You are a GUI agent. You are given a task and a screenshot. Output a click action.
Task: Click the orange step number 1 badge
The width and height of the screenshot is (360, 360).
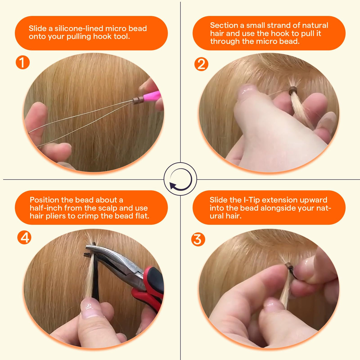(22, 62)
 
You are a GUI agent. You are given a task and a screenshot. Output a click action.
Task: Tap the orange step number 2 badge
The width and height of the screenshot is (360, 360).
(201, 64)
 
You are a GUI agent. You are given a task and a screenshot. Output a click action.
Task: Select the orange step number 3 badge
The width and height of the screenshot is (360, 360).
(198, 239)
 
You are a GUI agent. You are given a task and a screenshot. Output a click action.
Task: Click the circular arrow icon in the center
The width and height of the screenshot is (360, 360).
(181, 179)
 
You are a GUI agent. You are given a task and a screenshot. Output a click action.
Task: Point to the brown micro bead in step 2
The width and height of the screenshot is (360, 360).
(293, 91)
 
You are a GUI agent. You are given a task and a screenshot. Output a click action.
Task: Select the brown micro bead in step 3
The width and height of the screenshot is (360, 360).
(290, 266)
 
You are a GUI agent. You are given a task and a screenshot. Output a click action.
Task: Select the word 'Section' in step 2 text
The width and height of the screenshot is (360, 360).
(222, 25)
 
